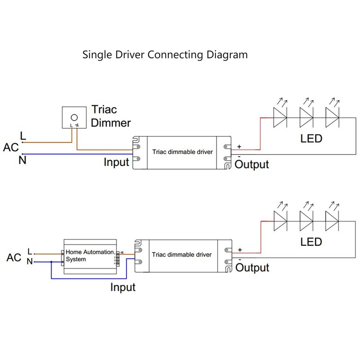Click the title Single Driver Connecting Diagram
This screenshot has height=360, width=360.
click(x=165, y=55)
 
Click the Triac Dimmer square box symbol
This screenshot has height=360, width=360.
click(x=73, y=118)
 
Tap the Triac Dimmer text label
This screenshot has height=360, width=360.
click(x=111, y=116)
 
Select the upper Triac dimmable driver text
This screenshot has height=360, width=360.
click(x=182, y=152)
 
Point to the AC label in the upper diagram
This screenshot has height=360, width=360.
click(x=11, y=148)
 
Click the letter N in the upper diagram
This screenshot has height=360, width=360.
click(x=22, y=160)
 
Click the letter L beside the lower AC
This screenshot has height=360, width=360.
click(x=30, y=251)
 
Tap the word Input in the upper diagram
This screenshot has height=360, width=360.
click(x=117, y=162)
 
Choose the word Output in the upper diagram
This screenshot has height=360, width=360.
click(x=252, y=164)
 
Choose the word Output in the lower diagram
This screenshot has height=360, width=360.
click(x=252, y=268)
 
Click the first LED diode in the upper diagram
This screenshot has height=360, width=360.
click(x=281, y=118)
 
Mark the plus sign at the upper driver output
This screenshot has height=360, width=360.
click(x=239, y=147)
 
